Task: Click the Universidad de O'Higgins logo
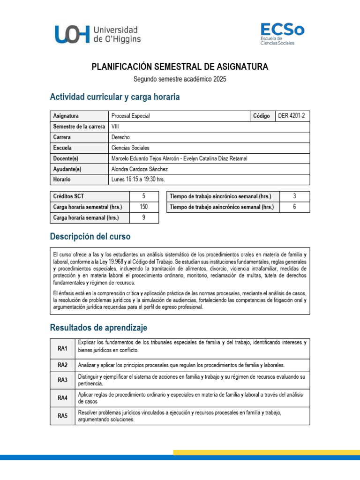97,35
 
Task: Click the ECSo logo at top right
282,34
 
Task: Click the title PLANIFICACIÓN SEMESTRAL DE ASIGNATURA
180,67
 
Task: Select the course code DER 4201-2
293,116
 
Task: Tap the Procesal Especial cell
131,116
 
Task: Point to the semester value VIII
115,127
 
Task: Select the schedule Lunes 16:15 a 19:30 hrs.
138,180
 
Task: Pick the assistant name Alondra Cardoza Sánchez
139,169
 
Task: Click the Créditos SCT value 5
143,196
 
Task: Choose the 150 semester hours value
143,207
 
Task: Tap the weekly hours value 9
143,218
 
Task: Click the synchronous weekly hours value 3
294,196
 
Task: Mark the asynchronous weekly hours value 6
294,207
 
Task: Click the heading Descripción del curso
90,237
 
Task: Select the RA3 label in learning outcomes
62,380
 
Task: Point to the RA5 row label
62,416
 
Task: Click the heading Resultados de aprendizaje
98,327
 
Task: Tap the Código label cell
261,116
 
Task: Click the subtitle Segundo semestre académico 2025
180,79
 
